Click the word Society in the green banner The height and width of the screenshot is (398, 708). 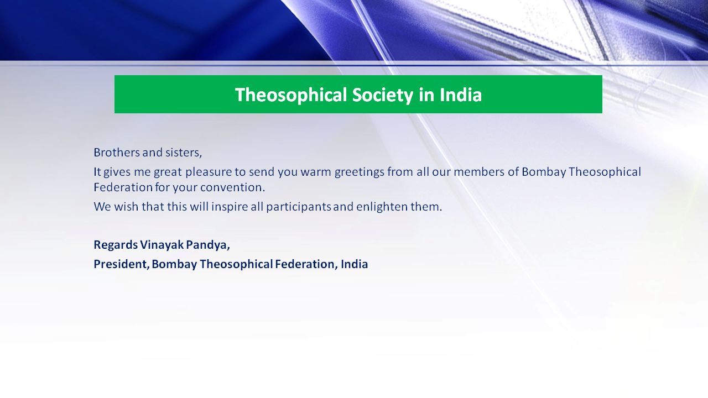(382, 95)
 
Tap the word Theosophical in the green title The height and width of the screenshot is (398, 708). (291, 95)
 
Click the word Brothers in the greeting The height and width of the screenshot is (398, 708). (117, 153)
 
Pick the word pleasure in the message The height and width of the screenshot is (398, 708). (209, 172)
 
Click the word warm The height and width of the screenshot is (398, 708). (316, 172)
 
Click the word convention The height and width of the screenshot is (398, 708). (232, 187)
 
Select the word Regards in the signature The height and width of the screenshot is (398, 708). (116, 245)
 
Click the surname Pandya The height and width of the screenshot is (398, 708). (207, 245)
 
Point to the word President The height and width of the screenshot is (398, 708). (121, 264)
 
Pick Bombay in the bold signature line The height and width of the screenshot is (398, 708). (174, 264)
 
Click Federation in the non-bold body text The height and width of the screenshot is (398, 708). (123, 187)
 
